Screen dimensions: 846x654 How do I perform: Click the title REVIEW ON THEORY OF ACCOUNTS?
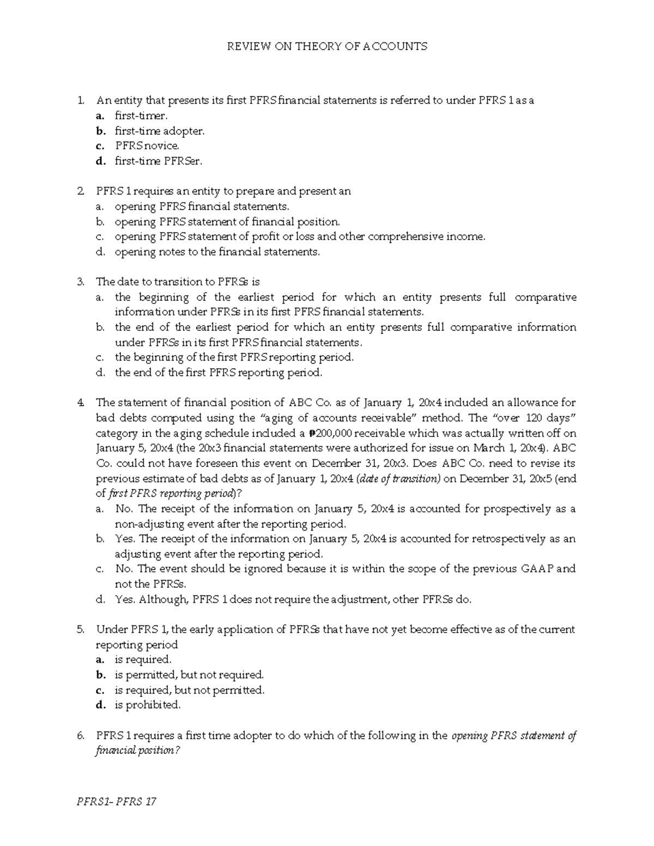(x=327, y=46)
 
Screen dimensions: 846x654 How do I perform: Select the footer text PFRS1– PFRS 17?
(x=117, y=801)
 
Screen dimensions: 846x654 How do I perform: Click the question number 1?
(x=81, y=100)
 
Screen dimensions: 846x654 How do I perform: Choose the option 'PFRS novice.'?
(x=147, y=146)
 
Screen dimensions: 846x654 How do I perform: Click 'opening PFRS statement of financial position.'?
(x=227, y=222)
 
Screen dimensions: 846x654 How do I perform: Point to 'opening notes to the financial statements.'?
(x=217, y=252)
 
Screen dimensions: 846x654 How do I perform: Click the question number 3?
(x=81, y=282)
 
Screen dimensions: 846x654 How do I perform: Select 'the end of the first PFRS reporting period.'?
(x=219, y=373)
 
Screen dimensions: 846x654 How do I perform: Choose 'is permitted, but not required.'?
(x=189, y=674)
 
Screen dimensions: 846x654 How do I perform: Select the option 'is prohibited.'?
(x=147, y=705)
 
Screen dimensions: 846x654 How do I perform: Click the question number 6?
(x=81, y=735)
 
